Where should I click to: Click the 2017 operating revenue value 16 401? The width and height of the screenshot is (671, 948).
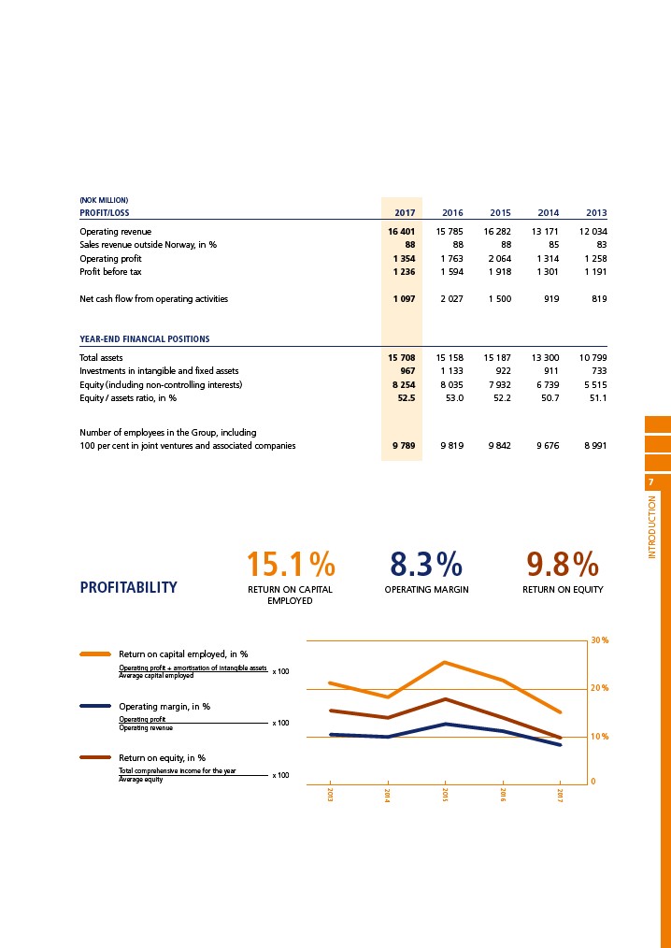pyautogui.click(x=402, y=232)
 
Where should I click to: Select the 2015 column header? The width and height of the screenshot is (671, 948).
pyautogui.click(x=501, y=213)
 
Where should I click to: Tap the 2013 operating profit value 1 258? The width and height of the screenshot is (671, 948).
pyautogui.click(x=595, y=259)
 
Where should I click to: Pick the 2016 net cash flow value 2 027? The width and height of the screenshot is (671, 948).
pyautogui.click(x=452, y=298)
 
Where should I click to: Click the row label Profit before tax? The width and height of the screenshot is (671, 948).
pyautogui.click(x=110, y=272)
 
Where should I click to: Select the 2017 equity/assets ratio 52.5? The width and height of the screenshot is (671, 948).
pyautogui.click(x=405, y=398)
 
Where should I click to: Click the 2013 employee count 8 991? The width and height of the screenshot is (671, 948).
pyautogui.click(x=595, y=446)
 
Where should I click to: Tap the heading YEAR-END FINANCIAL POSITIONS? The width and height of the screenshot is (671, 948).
pyautogui.click(x=145, y=339)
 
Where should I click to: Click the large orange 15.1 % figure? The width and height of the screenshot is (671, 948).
pyautogui.click(x=290, y=565)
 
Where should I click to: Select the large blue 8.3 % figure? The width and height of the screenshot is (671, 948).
pyautogui.click(x=426, y=565)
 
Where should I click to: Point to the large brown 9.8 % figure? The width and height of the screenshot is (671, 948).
pyautogui.click(x=563, y=565)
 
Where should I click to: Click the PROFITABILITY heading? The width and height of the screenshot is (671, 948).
pyautogui.click(x=128, y=587)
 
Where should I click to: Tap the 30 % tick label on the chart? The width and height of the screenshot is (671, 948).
pyautogui.click(x=600, y=639)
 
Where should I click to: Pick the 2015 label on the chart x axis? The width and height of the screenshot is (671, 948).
pyautogui.click(x=446, y=795)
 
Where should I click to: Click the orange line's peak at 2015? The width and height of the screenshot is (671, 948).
pyautogui.click(x=445, y=662)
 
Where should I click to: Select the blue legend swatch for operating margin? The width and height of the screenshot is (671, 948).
pyautogui.click(x=95, y=706)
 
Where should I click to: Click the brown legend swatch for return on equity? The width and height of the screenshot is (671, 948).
pyautogui.click(x=95, y=757)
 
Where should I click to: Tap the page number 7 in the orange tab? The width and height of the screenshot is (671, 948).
pyautogui.click(x=650, y=482)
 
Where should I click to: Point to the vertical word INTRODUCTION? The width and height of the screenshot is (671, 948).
pyautogui.click(x=651, y=527)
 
